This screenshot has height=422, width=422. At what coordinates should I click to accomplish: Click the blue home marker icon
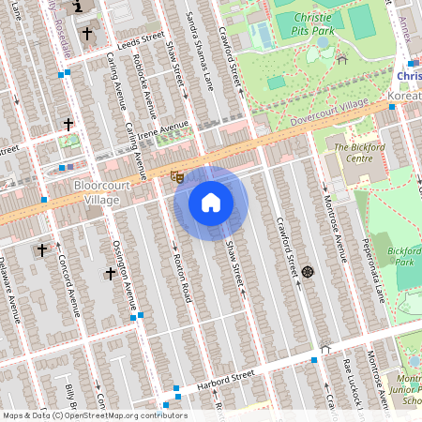pos(211,202)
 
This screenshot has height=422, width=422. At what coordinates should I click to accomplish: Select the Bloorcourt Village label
pos(97,192)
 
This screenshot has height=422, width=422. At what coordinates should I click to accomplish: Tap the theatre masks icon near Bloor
pos(176,176)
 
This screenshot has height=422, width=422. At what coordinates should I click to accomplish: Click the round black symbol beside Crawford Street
pos(307,272)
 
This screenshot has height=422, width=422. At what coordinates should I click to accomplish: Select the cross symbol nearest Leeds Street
pos(88,34)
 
